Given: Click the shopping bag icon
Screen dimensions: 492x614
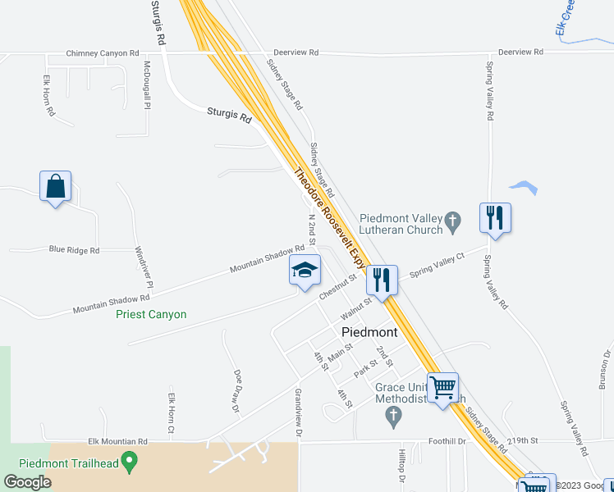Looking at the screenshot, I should [55, 186].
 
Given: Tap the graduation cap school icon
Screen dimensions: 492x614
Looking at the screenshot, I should [305, 271].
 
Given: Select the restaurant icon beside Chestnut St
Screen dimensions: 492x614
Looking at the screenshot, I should [383, 280].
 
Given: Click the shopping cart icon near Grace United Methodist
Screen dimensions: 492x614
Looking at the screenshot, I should [443, 386].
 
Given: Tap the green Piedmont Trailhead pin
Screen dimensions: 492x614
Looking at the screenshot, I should [128, 462].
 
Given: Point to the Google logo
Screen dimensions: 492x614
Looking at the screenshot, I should [27, 482].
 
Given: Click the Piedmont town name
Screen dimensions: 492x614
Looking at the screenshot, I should [369, 333].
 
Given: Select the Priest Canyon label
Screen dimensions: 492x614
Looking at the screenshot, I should [151, 315].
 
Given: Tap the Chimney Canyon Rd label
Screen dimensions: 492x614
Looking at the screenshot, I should [103, 53].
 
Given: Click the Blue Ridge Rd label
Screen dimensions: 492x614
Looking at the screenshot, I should [74, 250].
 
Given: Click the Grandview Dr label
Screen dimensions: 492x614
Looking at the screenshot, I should [299, 412].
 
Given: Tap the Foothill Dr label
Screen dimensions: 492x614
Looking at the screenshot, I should [450, 441].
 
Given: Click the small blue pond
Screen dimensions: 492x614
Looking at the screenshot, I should [524, 188].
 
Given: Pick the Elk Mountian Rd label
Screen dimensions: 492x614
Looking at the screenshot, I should [120, 441].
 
